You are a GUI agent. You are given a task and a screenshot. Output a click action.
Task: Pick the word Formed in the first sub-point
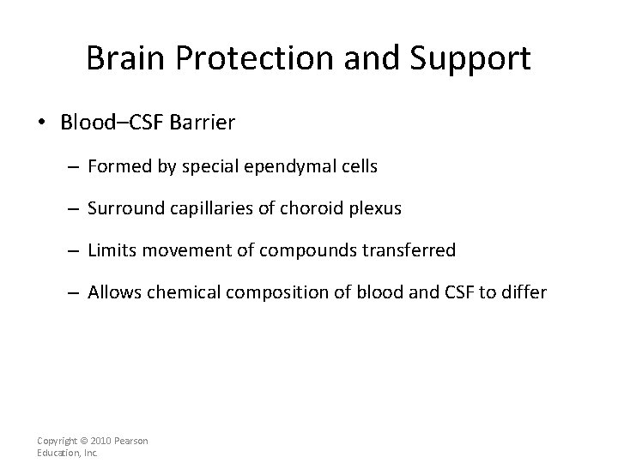click(x=116, y=166)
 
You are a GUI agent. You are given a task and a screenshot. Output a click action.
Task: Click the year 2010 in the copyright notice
click(x=100, y=441)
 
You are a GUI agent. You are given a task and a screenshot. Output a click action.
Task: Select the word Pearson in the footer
click(x=131, y=441)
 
